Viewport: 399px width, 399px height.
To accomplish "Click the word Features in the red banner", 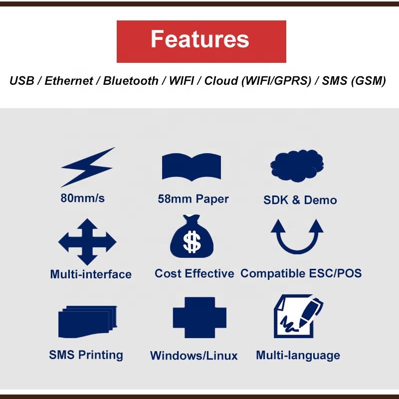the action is [200, 39].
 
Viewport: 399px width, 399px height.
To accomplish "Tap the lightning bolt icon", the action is [88, 167].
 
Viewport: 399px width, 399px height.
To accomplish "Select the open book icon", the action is [192, 167].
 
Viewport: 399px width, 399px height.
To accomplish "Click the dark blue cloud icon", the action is [297, 166].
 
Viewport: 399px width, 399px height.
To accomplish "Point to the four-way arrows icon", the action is [87, 242].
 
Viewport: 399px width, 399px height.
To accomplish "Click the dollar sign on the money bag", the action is [192, 242].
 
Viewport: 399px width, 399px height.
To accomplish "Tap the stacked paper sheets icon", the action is [88, 322].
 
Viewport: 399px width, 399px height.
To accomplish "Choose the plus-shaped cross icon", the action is [199, 318].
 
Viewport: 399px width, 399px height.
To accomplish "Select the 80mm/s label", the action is [82, 198].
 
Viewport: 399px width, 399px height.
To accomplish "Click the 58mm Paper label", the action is [193, 199].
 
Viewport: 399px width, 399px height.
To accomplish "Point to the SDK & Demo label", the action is [300, 200].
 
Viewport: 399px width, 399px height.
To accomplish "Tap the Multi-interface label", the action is [91, 274].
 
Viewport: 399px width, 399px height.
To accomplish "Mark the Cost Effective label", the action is [195, 273].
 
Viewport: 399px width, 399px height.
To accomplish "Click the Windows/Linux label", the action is [194, 356].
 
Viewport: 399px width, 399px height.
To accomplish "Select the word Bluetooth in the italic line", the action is [131, 81].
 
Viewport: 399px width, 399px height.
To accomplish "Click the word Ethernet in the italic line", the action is [69, 81].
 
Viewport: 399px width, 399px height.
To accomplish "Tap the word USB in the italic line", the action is [21, 81].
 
